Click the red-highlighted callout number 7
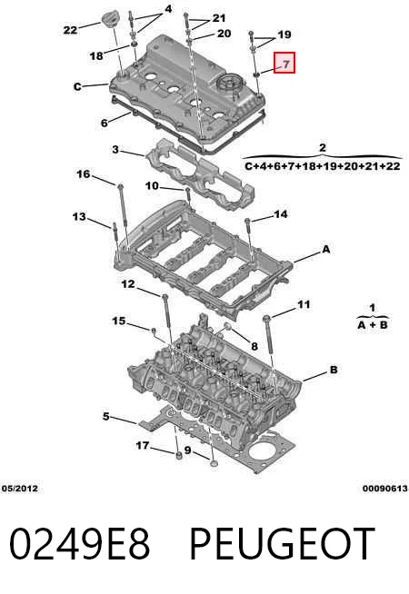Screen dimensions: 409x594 [x=285, y=64]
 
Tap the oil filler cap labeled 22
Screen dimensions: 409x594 [x=110, y=19]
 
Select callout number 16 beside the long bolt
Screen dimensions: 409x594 [x=84, y=174]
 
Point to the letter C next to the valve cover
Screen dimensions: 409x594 [x=77, y=87]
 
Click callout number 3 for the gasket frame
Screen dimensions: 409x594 [x=115, y=150]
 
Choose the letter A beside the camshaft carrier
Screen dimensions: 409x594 [x=325, y=249]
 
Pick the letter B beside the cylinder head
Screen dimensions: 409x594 [x=334, y=370]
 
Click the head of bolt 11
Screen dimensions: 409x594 [x=266, y=318]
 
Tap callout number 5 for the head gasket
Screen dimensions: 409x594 [x=105, y=416]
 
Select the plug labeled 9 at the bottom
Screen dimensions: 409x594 [x=214, y=463]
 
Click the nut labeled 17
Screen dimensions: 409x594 [x=177, y=455]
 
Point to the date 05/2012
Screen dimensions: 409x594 [x=20, y=489]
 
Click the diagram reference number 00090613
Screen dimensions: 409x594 [x=385, y=489]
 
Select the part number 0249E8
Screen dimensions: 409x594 [x=80, y=544]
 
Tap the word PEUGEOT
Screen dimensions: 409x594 [x=282, y=544]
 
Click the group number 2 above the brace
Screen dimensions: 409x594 [x=322, y=147]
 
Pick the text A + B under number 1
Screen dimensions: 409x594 [x=373, y=325]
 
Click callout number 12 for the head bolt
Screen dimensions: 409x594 [x=128, y=283]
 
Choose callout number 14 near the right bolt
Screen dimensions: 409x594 [x=280, y=214]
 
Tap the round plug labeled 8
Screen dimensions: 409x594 [x=227, y=327]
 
